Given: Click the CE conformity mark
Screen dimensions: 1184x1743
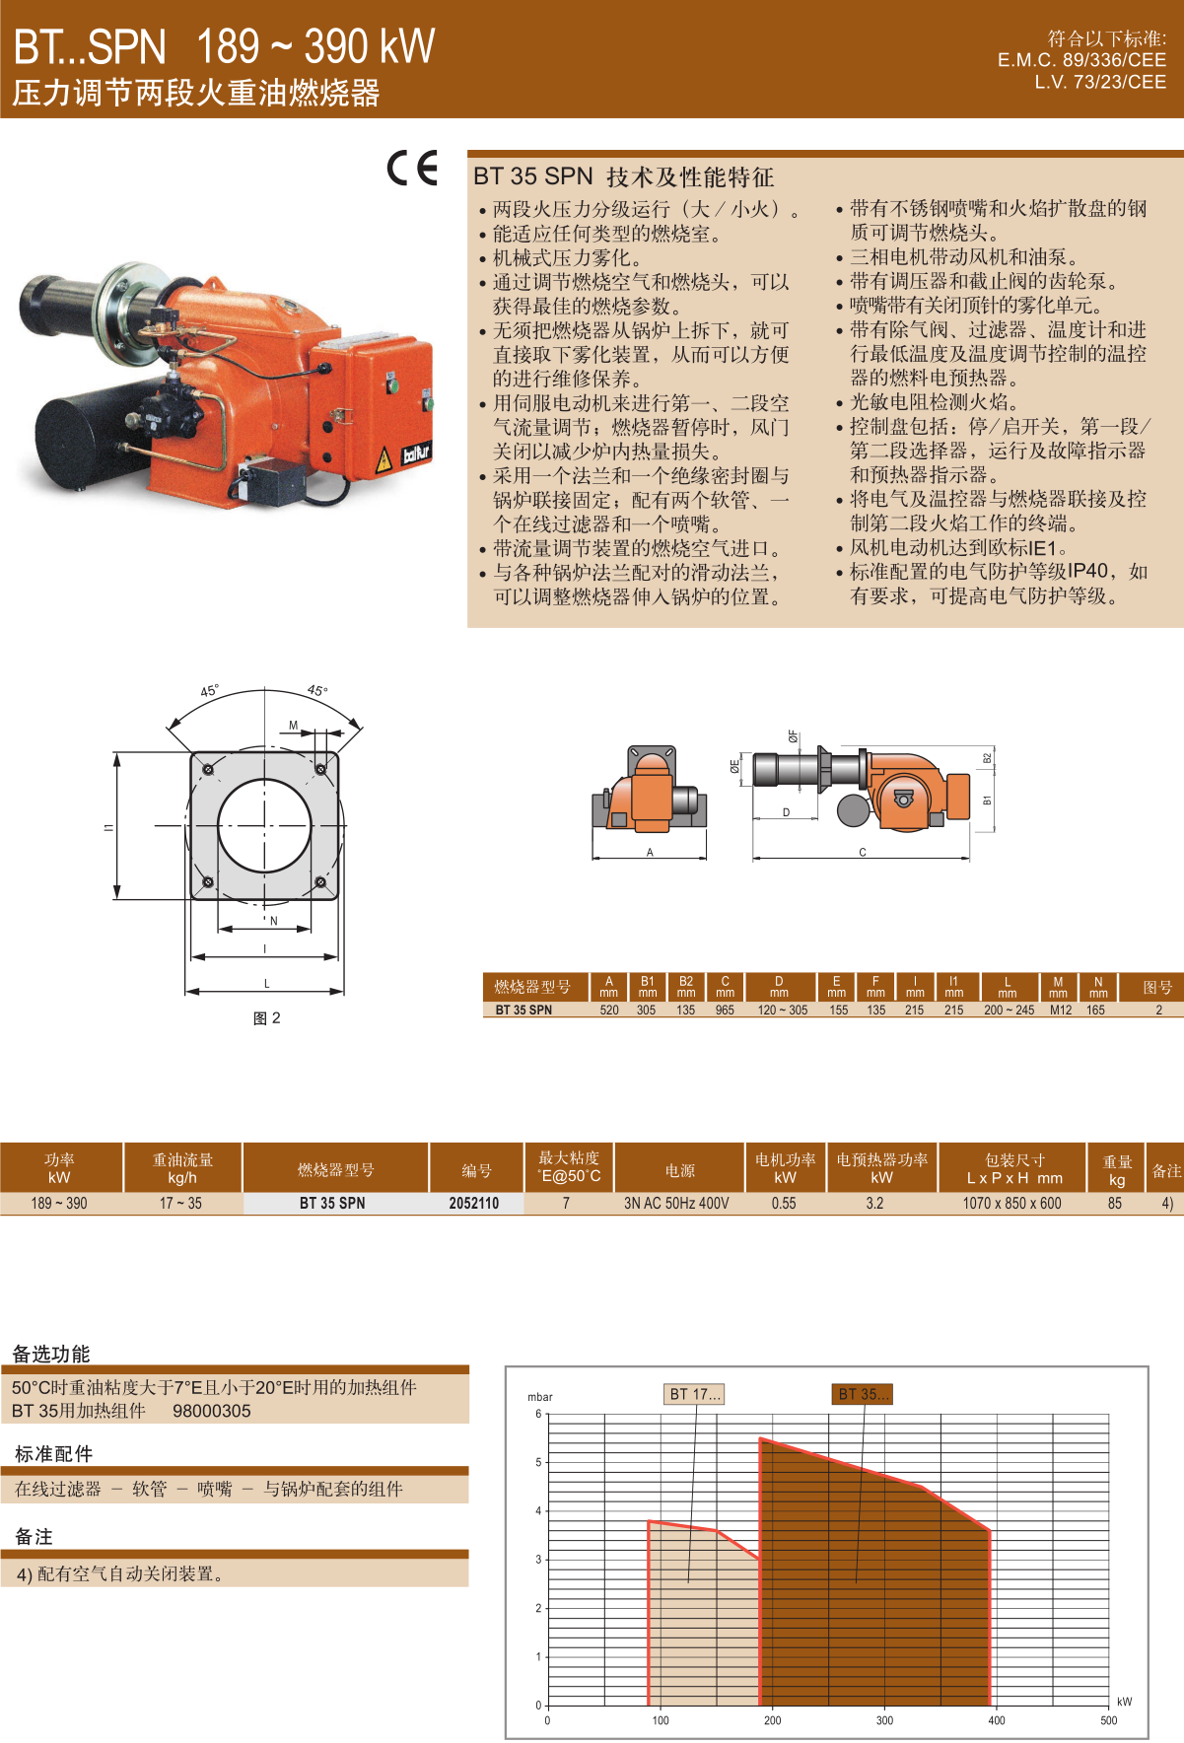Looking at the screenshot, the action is point(412,169).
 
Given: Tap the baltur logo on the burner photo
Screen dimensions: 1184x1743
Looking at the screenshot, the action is point(416,453).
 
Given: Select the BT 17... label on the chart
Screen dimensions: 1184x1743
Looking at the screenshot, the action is point(695,1394).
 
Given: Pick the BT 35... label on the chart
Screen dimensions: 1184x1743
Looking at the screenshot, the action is point(863,1394).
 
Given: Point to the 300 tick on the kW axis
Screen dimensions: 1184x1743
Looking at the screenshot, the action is point(884,1720).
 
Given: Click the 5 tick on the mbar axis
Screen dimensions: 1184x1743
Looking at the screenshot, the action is point(538,1462).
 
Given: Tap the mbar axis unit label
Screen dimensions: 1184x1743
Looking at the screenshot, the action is point(540,1397).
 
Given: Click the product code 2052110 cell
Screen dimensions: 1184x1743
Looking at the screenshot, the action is point(474,1203).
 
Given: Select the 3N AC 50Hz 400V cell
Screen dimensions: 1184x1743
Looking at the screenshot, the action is point(676,1203).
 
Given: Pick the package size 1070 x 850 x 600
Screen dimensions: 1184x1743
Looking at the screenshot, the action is point(1012,1203).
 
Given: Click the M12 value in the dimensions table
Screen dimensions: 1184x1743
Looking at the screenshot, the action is point(1061,1010).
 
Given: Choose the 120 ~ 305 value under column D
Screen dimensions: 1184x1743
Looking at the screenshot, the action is point(783,1010).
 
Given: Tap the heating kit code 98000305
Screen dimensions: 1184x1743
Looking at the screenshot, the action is point(212,1411).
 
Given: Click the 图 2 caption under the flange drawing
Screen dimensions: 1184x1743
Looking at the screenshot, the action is point(267,1018).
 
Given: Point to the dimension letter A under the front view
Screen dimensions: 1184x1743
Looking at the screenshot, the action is point(650,853).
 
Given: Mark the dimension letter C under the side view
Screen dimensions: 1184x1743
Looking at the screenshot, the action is point(863,853).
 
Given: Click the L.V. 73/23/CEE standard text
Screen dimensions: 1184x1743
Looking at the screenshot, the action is point(1100,82).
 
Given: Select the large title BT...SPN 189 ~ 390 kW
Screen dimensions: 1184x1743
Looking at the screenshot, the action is point(224,46).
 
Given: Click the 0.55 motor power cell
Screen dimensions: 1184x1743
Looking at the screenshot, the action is point(784,1203).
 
